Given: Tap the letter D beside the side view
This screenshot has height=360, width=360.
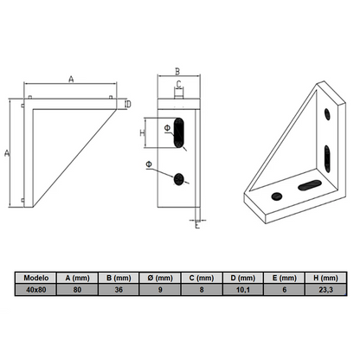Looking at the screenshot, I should click(x=127, y=105).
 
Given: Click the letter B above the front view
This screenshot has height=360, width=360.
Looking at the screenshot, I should click(x=176, y=72).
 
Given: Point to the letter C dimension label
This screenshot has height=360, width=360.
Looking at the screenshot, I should click(x=179, y=86).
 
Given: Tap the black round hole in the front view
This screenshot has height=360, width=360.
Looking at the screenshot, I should click(x=179, y=179).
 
